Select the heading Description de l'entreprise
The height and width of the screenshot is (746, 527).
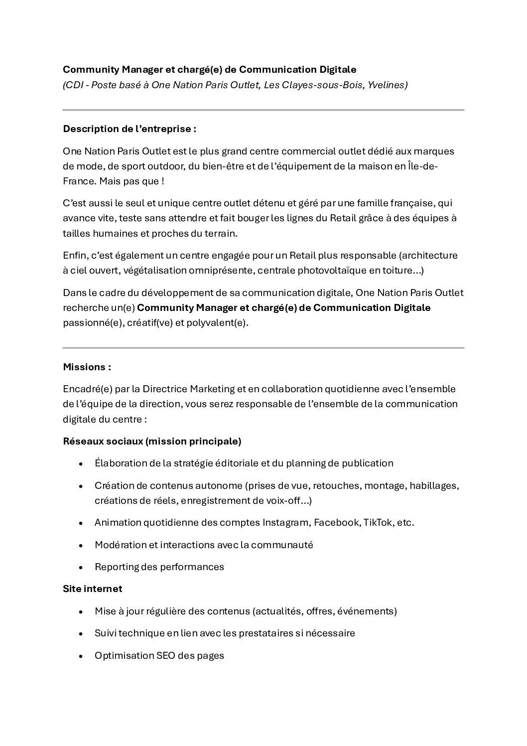[x=130, y=129]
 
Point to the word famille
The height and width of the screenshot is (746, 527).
[x=372, y=203]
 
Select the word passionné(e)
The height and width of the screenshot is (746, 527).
[x=93, y=322]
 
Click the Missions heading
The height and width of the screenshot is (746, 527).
[x=87, y=367]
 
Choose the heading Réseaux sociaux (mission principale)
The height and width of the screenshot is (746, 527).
[x=152, y=441]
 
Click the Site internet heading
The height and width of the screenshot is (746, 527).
[x=93, y=589]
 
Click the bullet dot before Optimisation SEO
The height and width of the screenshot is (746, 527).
[x=81, y=656]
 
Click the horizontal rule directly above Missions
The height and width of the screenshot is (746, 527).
[x=263, y=347]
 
